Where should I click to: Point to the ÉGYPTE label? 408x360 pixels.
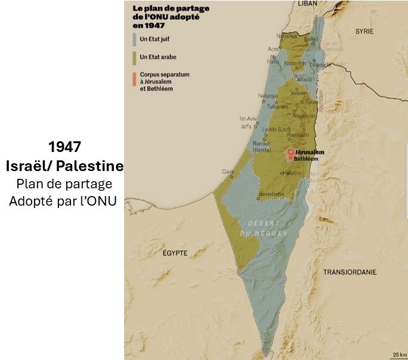(x=175, y=253)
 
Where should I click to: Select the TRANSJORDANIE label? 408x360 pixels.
(x=350, y=272)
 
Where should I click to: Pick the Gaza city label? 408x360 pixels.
(x=228, y=172)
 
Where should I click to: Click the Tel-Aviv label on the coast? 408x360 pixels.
(x=246, y=118)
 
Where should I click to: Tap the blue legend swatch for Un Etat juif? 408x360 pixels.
(x=134, y=40)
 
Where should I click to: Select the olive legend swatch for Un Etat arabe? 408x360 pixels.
(x=134, y=57)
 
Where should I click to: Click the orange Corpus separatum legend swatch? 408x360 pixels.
(x=134, y=75)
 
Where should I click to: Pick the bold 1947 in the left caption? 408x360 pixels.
(x=64, y=147)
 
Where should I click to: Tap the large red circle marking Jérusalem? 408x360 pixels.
(x=290, y=153)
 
